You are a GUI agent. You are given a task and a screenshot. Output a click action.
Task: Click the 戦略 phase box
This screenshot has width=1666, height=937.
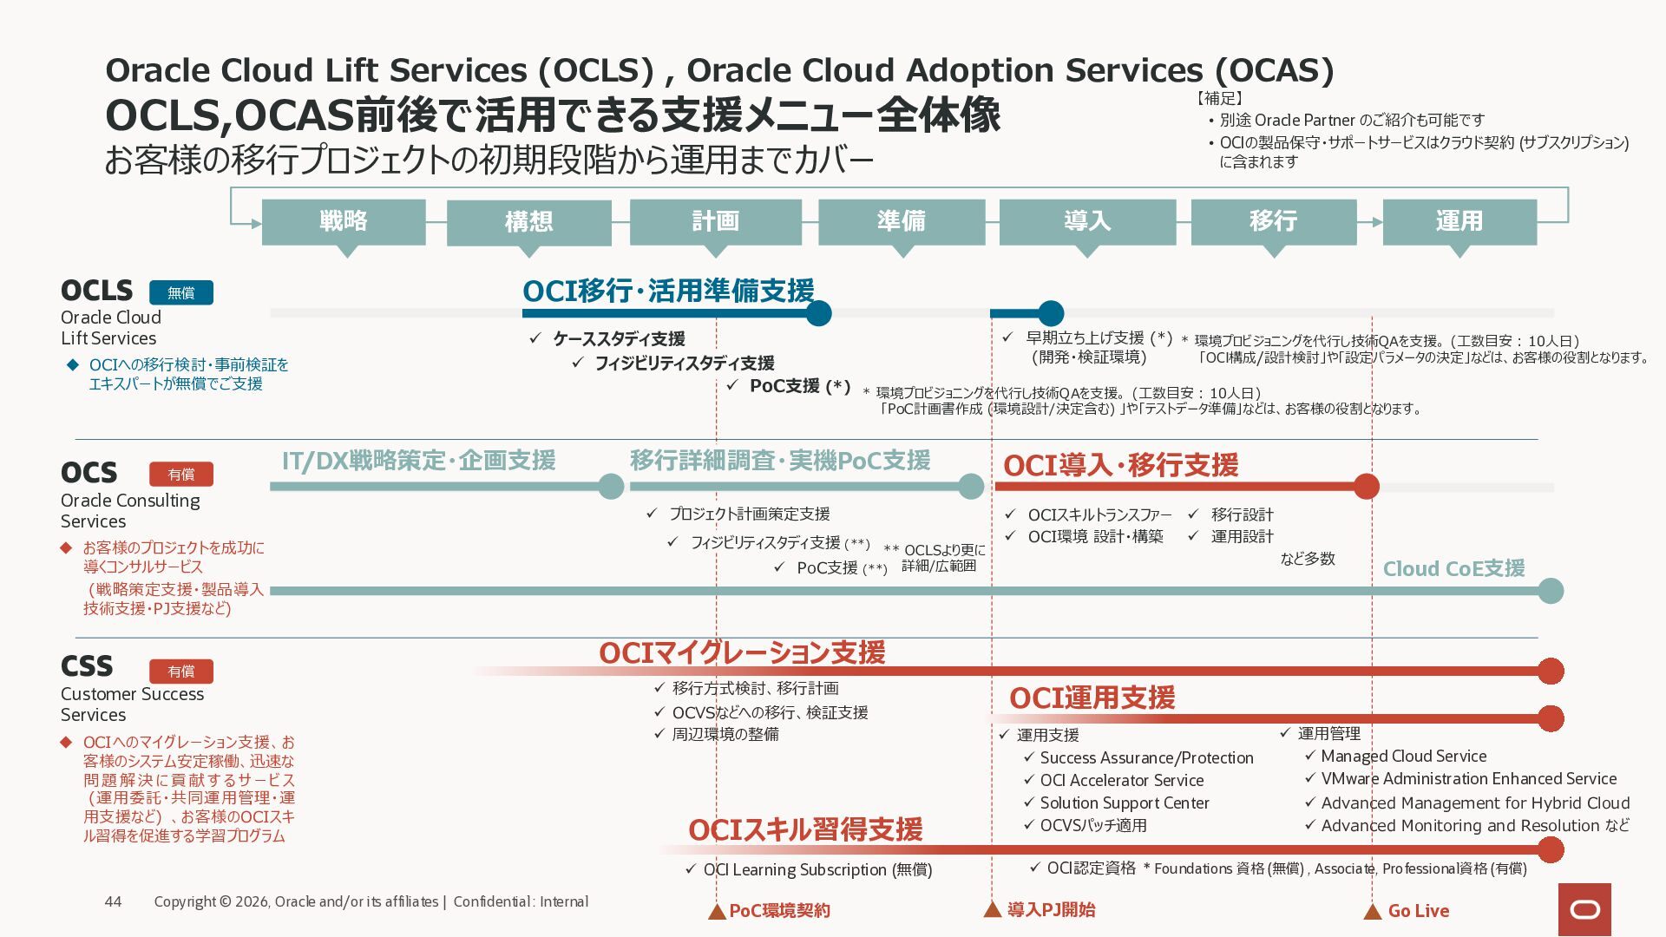point(344,222)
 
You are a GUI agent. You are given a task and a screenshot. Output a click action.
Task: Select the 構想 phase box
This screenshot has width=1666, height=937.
point(528,223)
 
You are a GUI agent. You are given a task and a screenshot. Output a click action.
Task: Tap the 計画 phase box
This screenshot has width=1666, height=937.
point(715,222)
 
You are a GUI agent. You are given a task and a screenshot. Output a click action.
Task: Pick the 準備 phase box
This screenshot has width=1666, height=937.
point(902,222)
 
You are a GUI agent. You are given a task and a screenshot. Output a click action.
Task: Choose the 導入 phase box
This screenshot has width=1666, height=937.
point(1087,222)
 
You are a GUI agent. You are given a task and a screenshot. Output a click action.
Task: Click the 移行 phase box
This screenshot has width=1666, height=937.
point(1273,222)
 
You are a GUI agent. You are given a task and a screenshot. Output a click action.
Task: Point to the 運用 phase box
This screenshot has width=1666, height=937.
point(1459,222)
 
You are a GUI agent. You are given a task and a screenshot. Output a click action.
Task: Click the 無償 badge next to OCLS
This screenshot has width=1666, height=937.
point(181,292)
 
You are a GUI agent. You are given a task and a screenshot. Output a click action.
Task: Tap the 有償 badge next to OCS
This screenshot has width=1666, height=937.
point(181,474)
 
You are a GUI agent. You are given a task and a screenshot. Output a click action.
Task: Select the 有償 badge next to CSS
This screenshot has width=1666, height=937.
point(181,671)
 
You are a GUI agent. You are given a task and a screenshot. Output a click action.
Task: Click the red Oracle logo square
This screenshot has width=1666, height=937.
point(1584,909)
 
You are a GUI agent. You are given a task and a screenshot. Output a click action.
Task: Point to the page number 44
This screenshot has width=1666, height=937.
point(113,901)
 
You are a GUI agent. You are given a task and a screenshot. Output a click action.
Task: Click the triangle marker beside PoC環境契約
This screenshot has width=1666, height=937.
point(717,912)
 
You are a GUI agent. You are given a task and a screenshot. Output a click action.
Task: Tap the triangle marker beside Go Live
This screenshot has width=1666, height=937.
point(1372,912)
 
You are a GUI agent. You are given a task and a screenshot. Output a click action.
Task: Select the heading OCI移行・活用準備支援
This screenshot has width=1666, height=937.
point(668,291)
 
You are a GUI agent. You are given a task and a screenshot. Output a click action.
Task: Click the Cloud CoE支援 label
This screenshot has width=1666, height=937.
point(1453,568)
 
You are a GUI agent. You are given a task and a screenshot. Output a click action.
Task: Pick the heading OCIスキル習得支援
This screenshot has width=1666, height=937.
point(805,829)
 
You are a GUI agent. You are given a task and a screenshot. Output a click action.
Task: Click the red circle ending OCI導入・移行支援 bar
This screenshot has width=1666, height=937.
point(1367,487)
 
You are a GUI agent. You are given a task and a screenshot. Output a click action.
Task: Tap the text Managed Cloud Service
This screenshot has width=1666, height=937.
point(1403,756)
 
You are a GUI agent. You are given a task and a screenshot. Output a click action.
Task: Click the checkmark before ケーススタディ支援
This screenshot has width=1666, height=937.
point(535,338)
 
